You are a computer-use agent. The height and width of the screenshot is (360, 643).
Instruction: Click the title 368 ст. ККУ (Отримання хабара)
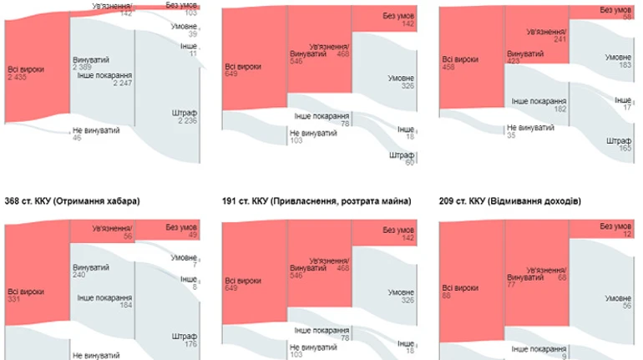click(72, 201)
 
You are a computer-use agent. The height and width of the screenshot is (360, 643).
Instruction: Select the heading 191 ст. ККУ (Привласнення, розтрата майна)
click(316, 201)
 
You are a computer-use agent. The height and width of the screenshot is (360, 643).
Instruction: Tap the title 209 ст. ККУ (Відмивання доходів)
click(511, 201)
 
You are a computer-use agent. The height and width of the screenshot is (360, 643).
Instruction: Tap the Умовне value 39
click(192, 34)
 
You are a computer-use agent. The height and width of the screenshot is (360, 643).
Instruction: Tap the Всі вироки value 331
click(13, 300)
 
